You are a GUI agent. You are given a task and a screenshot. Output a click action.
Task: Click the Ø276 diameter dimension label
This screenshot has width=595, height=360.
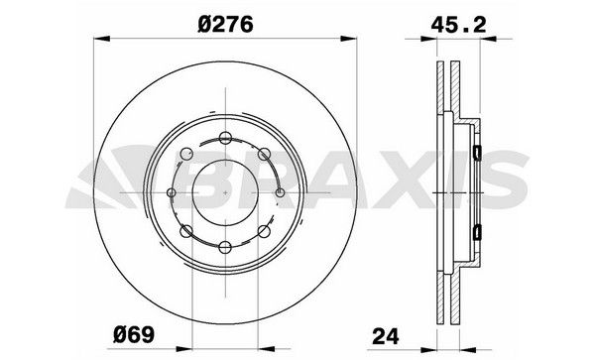(x=225, y=25)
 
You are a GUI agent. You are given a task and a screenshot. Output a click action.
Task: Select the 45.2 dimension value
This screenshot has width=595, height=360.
(x=458, y=25)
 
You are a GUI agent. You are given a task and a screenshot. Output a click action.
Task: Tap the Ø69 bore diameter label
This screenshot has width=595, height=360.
(x=134, y=334)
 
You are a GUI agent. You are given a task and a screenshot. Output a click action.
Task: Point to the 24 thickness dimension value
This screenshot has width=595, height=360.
(x=386, y=336)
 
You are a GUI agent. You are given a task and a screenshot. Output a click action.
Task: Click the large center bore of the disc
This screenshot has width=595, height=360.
(x=225, y=192)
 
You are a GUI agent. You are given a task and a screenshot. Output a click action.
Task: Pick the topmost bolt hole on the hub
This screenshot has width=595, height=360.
(x=225, y=138)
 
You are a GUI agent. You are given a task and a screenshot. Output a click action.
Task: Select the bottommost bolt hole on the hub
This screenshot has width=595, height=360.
(x=225, y=248)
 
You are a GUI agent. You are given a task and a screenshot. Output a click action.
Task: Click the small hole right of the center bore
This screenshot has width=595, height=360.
(x=280, y=192)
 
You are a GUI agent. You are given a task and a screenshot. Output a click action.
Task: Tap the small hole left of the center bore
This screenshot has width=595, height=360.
(x=172, y=192)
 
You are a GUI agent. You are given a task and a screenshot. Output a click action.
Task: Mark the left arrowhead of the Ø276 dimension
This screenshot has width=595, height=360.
(x=102, y=39)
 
